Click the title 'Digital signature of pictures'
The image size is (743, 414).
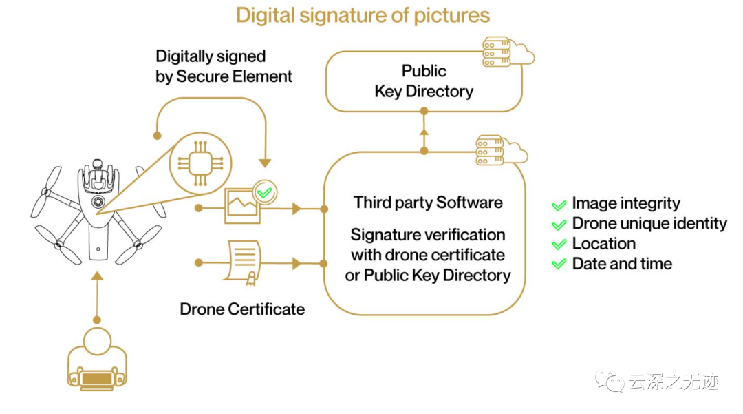point(363,16)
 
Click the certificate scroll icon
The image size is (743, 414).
point(240,262)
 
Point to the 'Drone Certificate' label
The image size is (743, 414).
point(242,309)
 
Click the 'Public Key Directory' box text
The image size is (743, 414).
point(424,81)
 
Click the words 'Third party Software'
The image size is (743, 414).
point(428,203)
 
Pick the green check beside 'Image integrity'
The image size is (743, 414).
point(559,205)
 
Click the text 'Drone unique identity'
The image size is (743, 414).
point(649,223)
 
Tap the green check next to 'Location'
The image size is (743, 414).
point(559,245)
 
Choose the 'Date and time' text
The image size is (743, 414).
point(622,263)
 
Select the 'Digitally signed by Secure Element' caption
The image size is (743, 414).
point(224,66)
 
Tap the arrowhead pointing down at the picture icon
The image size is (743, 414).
point(264,163)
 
